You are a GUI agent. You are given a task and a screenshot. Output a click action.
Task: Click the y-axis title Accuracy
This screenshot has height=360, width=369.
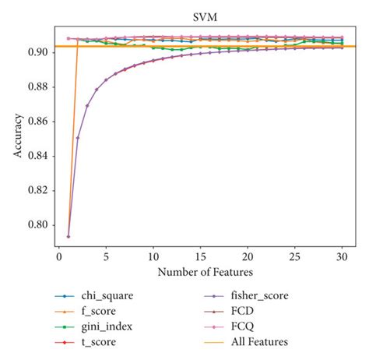coord(17,137)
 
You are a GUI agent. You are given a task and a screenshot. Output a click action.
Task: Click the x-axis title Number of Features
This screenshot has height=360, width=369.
coord(206,272)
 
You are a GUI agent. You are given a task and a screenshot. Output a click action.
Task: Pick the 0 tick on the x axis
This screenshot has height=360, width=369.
coord(59,256)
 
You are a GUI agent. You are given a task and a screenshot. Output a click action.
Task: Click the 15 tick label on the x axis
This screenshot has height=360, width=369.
coord(201,256)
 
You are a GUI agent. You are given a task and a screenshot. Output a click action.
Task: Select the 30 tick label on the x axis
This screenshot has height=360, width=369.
coord(343,256)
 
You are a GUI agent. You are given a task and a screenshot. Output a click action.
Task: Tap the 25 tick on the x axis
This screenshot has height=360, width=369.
coord(295,256)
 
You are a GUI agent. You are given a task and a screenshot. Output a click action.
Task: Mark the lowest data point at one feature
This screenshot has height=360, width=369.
coord(69,236)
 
